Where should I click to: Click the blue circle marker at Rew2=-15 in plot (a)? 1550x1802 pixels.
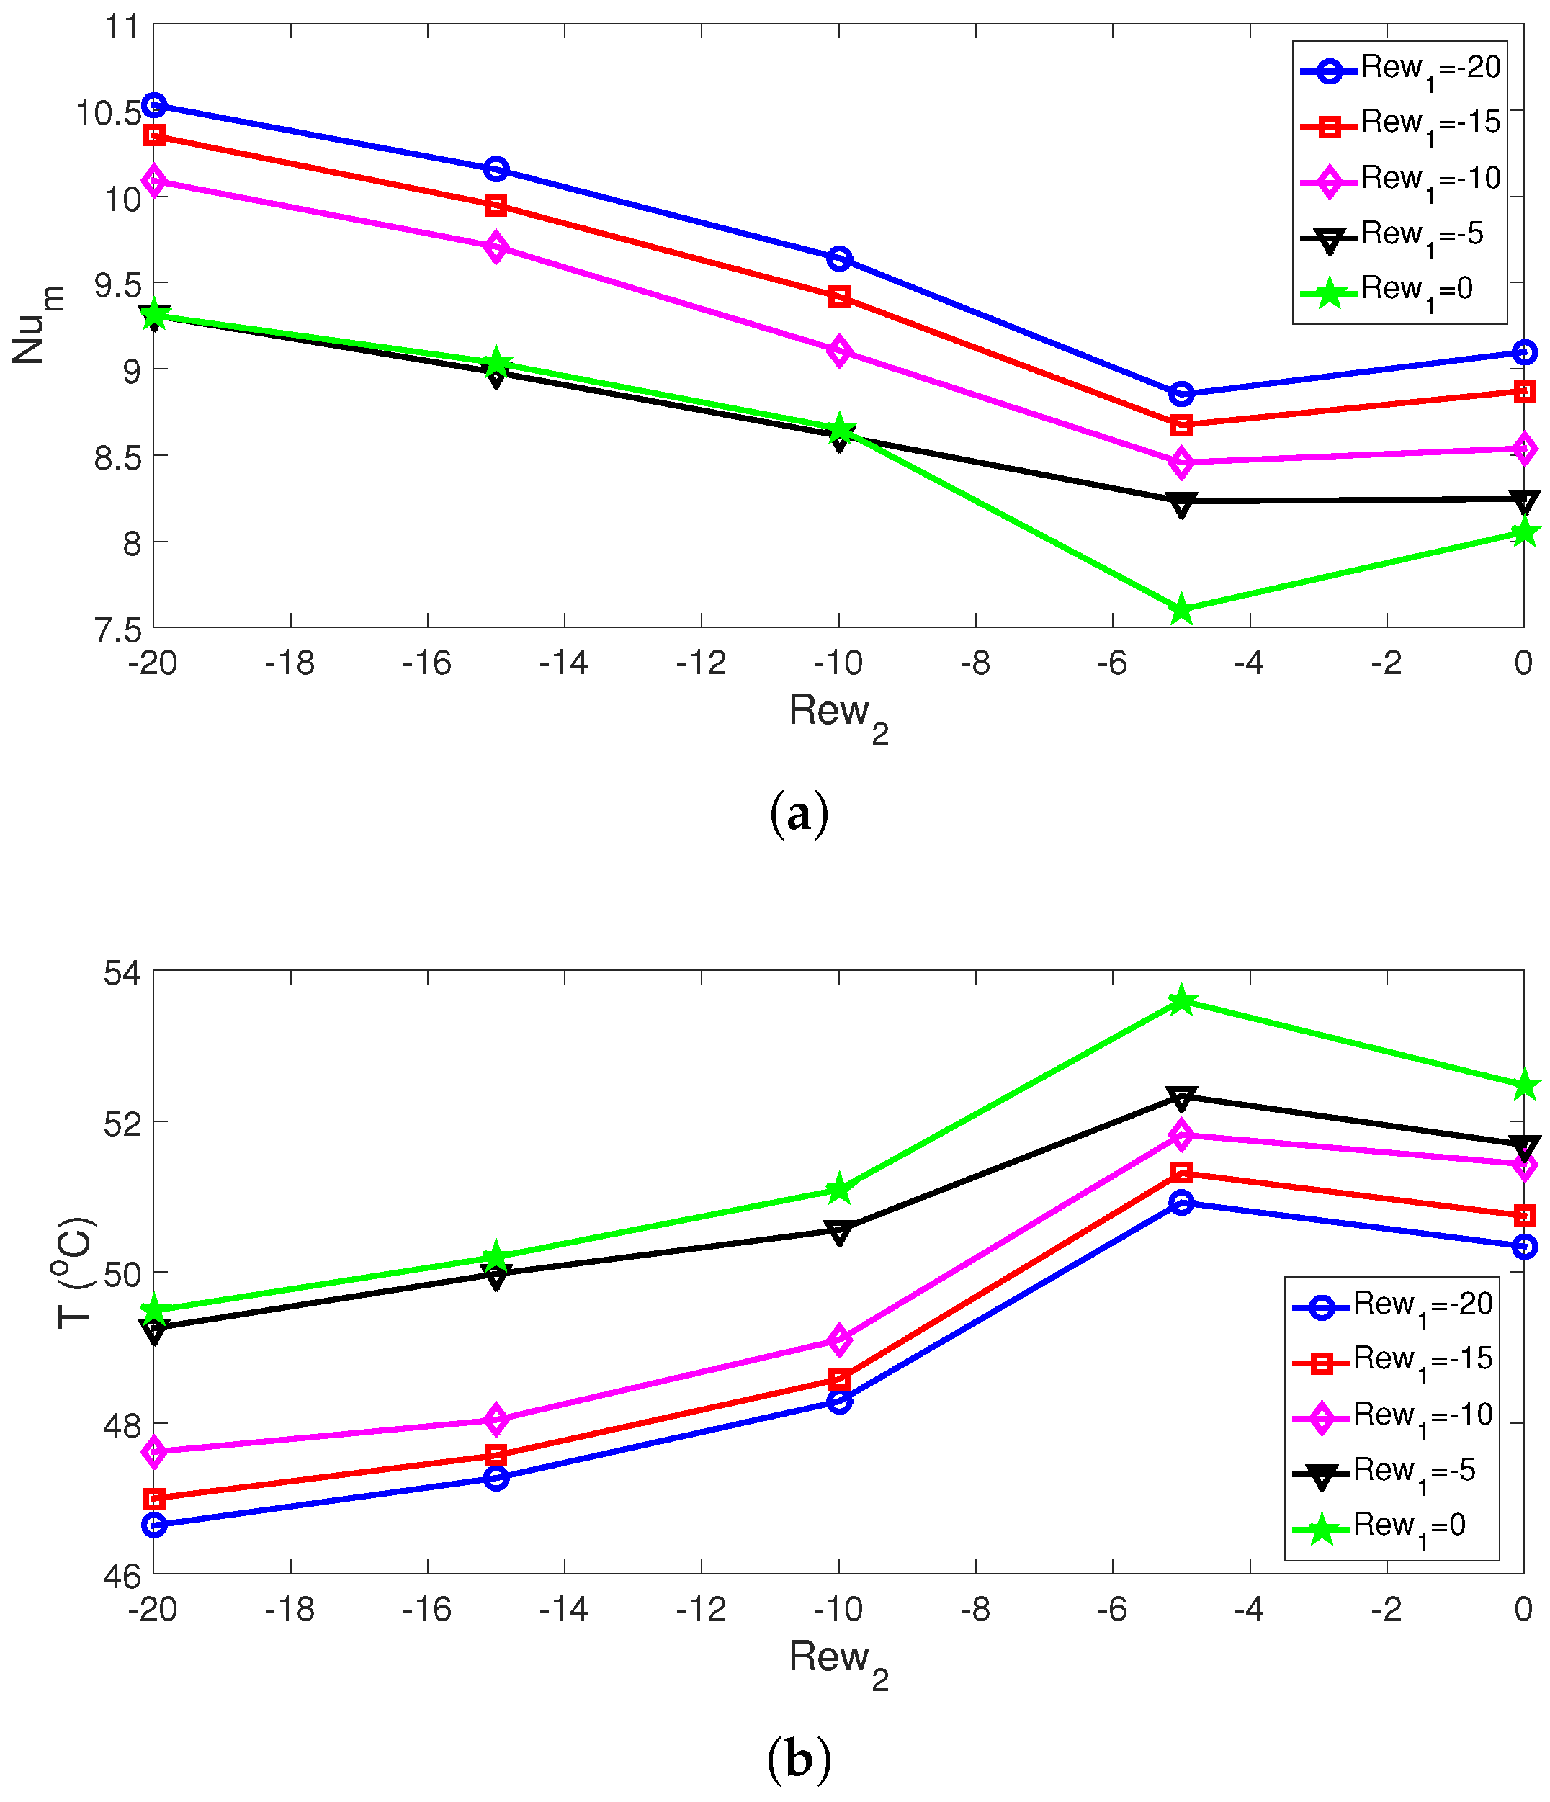tap(496, 169)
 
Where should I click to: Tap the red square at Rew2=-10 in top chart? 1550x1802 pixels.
tap(838, 297)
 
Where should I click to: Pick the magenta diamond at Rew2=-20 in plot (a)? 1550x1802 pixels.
tap(154, 181)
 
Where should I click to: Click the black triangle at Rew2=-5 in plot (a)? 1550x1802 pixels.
tap(1181, 503)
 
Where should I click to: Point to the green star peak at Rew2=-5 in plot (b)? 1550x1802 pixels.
tap(1181, 1001)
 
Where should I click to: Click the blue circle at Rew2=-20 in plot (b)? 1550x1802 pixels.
tap(154, 1525)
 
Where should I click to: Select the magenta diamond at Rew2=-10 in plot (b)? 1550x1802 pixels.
tap(838, 1340)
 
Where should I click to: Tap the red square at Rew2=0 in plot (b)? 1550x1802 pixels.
tap(1523, 1215)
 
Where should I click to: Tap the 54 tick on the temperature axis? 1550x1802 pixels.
tap(122, 973)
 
